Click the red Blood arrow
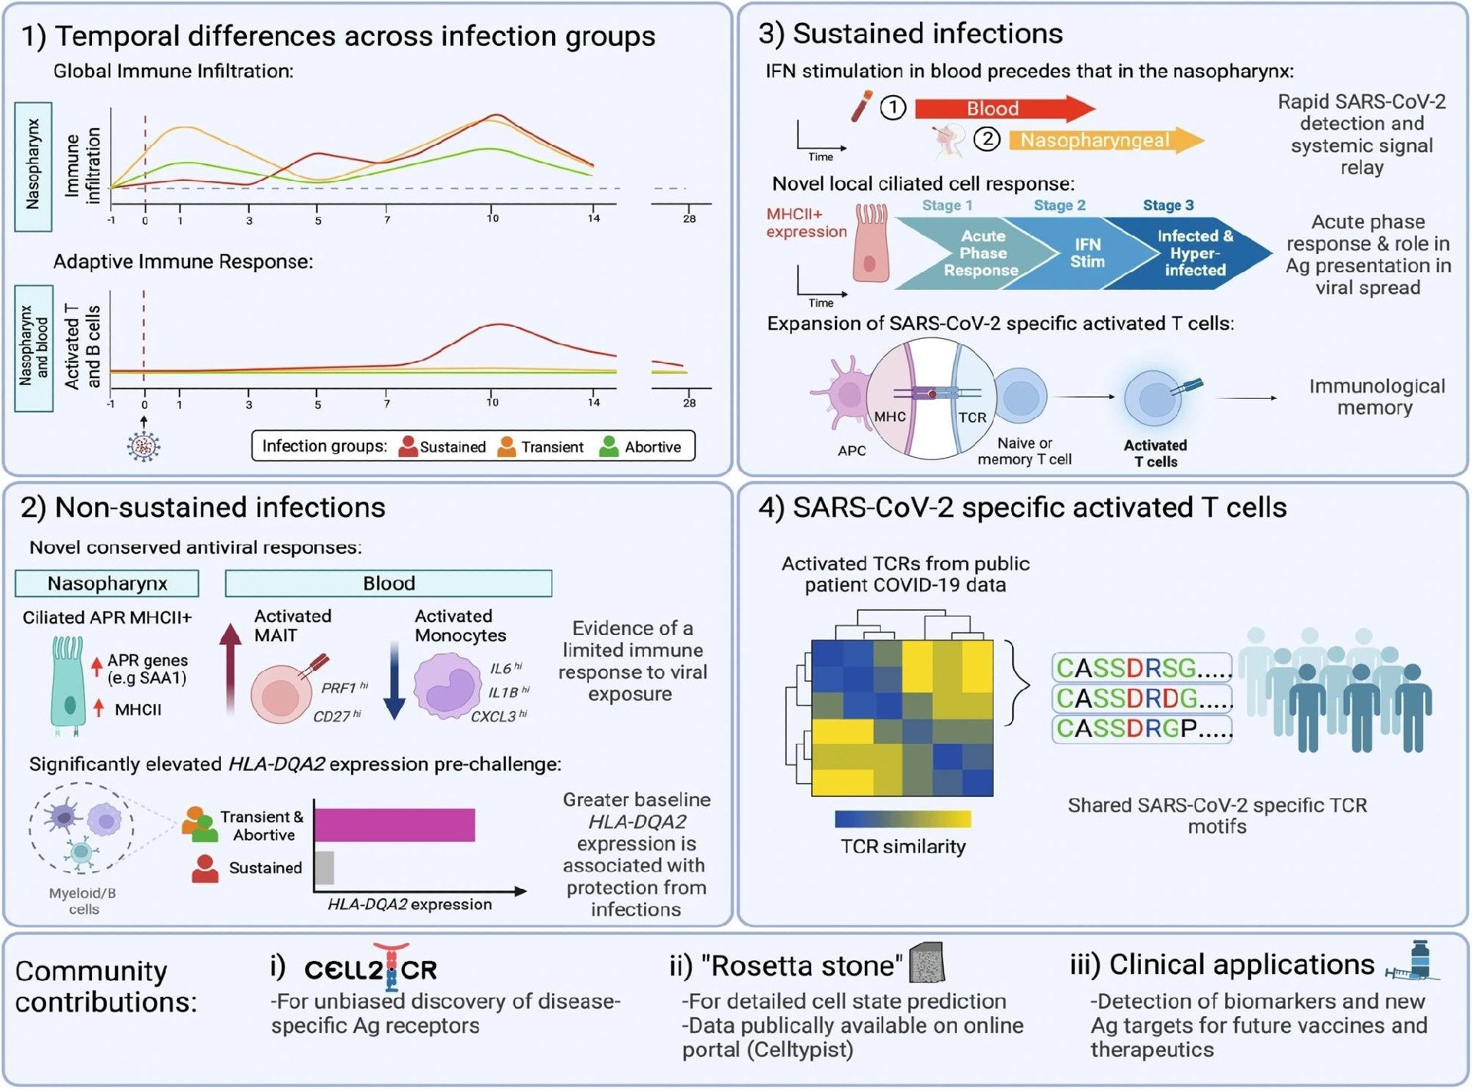1004,108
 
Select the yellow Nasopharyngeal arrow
1106,140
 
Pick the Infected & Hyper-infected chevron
1192,253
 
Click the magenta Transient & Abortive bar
394,825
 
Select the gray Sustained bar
324,867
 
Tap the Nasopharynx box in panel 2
107,583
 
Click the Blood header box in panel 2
389,583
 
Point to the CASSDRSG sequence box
1142,668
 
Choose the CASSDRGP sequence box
1142,728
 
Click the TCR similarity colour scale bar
903,819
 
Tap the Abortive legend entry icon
609,446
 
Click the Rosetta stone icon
926,963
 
